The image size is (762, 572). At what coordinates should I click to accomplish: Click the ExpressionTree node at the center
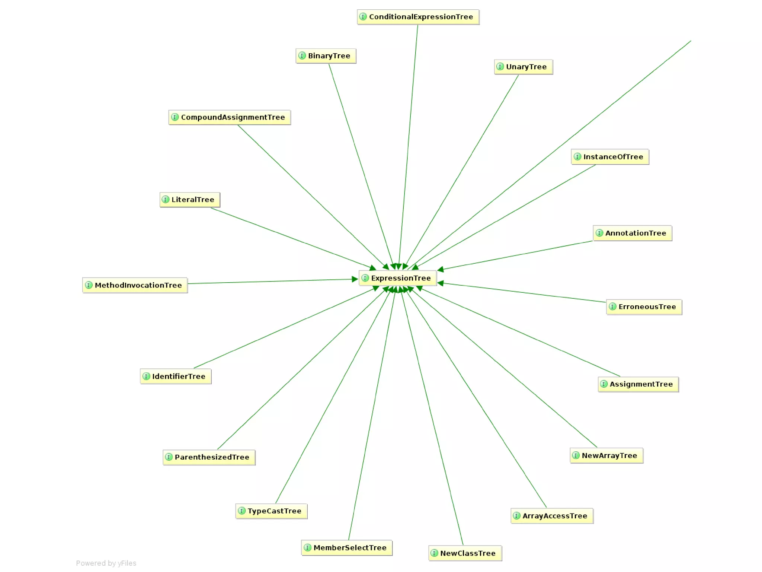397,278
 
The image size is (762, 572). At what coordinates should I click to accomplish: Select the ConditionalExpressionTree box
418,17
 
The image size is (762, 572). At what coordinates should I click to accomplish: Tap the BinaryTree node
326,56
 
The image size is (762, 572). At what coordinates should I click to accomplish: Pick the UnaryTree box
523,67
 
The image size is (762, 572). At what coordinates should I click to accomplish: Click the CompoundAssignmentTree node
229,117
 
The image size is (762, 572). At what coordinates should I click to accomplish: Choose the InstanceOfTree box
610,157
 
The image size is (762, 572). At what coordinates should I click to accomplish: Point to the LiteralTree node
190,200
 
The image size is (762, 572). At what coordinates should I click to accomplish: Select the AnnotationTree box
632,233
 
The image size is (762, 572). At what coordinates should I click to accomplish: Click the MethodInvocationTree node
135,285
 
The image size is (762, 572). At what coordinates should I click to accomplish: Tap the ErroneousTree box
644,307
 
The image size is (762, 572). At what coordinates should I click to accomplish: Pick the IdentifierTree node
176,376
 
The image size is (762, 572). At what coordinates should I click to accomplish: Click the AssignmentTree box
638,384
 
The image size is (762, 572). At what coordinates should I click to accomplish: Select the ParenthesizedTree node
209,457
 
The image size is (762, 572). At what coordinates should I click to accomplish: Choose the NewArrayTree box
606,455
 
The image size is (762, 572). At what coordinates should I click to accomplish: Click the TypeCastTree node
271,511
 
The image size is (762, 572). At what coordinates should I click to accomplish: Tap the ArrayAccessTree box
552,516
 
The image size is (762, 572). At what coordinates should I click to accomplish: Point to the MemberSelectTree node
346,548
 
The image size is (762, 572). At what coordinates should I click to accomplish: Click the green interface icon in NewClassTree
434,553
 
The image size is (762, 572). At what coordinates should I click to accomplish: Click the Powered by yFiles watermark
106,563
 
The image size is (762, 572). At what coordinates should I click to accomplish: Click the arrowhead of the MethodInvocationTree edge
355,279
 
